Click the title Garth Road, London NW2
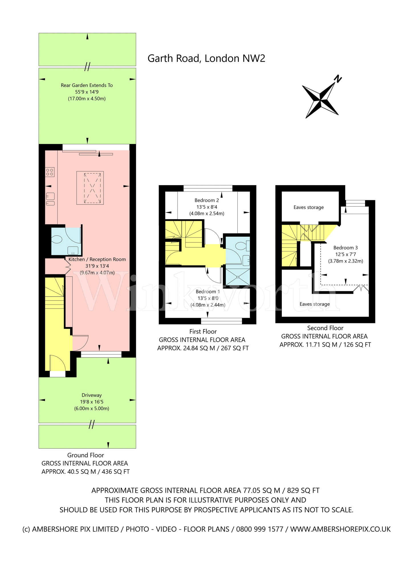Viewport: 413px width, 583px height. click(206, 58)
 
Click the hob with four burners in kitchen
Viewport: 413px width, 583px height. click(50, 172)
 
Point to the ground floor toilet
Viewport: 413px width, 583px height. click(57, 240)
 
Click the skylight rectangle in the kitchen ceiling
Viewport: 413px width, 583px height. click(90, 188)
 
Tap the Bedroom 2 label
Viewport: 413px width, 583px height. click(207, 200)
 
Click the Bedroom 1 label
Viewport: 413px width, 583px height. click(207, 291)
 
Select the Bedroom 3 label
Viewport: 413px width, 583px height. click(345, 248)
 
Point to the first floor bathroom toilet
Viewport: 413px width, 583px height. click(241, 246)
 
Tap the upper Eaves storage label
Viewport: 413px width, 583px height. click(308, 207)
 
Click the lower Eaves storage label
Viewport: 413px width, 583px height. click(314, 304)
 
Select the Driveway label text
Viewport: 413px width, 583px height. click(91, 395)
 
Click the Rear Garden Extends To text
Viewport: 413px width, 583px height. click(87, 85)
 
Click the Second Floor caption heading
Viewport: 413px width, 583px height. click(325, 328)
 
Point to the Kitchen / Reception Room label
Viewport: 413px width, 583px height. click(97, 259)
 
